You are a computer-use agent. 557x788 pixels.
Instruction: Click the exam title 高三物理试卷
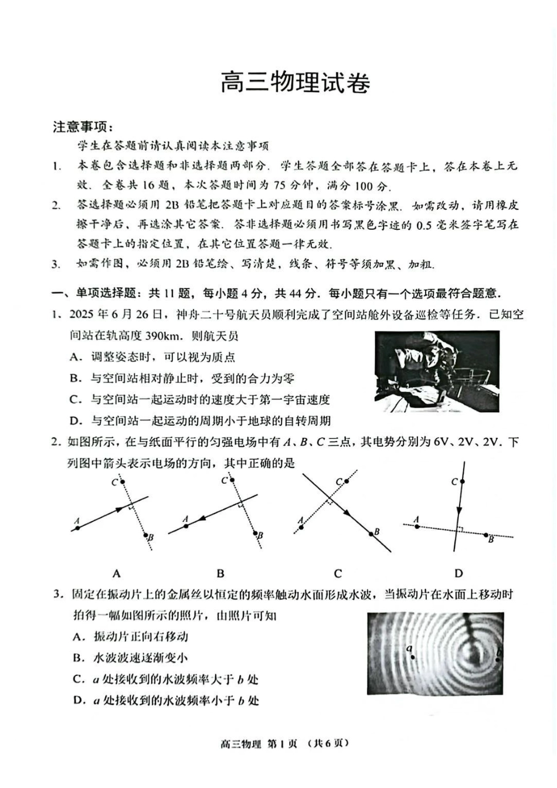[295, 83]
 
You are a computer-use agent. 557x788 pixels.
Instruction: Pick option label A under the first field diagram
[116, 573]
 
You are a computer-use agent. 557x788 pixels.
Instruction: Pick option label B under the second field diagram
[220, 573]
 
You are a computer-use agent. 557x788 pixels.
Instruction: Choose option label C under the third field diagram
[338, 573]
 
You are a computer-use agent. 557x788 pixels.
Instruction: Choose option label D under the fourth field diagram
[458, 573]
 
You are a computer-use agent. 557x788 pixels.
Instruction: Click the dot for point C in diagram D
[463, 482]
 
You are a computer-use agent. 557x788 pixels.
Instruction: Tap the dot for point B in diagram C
[371, 534]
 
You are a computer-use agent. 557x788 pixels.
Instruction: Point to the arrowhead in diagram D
[460, 510]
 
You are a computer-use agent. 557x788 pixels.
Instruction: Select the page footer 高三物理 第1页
[258, 743]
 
